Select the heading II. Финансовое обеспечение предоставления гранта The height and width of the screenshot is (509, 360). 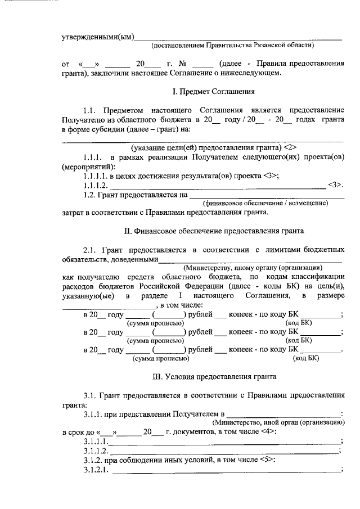coord(213,231)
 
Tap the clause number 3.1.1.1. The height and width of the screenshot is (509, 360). coord(96,442)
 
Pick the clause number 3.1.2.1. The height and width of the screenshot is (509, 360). coord(96,471)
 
